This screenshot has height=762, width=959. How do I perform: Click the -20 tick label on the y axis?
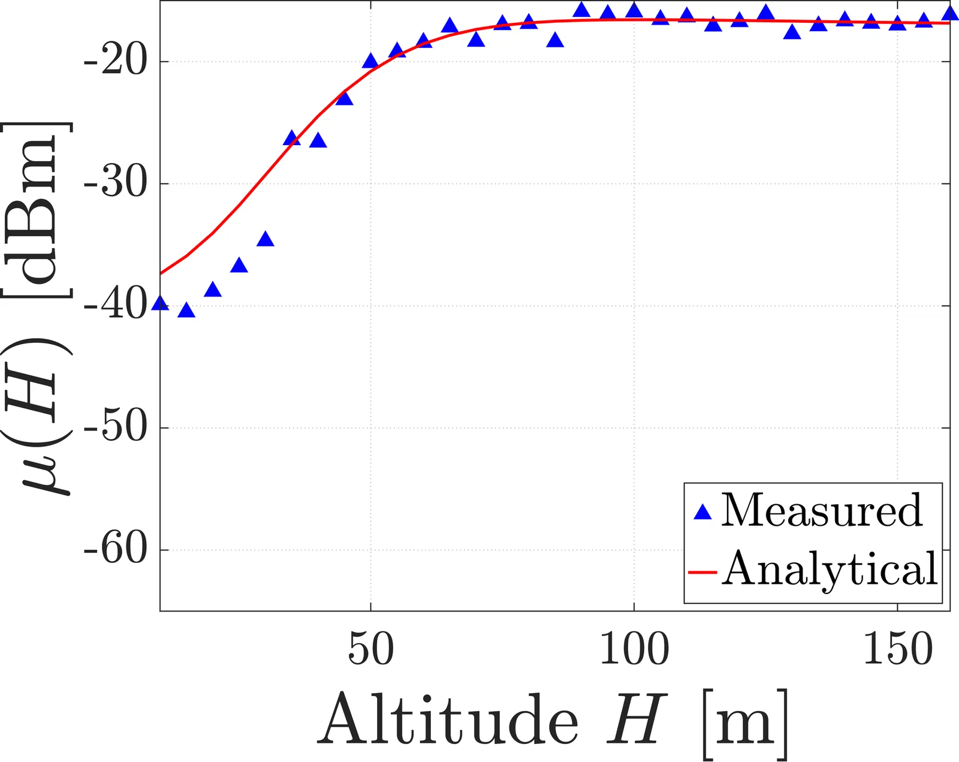(x=116, y=62)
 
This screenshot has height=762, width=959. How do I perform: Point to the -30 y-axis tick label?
(x=116, y=184)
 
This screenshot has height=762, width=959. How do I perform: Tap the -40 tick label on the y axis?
(x=116, y=306)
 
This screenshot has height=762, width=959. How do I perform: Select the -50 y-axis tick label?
(x=116, y=428)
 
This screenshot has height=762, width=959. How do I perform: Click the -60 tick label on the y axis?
(x=116, y=550)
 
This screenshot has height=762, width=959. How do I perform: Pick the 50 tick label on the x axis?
(x=371, y=649)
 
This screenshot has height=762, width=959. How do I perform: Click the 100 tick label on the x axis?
(x=634, y=649)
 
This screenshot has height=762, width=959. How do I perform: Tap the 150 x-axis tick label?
(x=897, y=649)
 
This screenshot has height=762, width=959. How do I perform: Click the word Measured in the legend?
(x=822, y=510)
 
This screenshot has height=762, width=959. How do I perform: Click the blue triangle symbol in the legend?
(x=702, y=512)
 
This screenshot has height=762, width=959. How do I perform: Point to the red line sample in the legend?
(x=702, y=573)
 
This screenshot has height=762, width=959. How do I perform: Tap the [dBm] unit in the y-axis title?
(x=37, y=210)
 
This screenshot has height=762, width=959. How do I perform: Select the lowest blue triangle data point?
(x=186, y=311)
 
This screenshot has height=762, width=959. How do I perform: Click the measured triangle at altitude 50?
(x=370, y=61)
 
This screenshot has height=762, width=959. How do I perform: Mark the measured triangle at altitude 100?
(x=634, y=11)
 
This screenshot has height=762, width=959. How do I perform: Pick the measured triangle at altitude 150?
(x=897, y=23)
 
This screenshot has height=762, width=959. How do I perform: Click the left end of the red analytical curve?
(x=162, y=273)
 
